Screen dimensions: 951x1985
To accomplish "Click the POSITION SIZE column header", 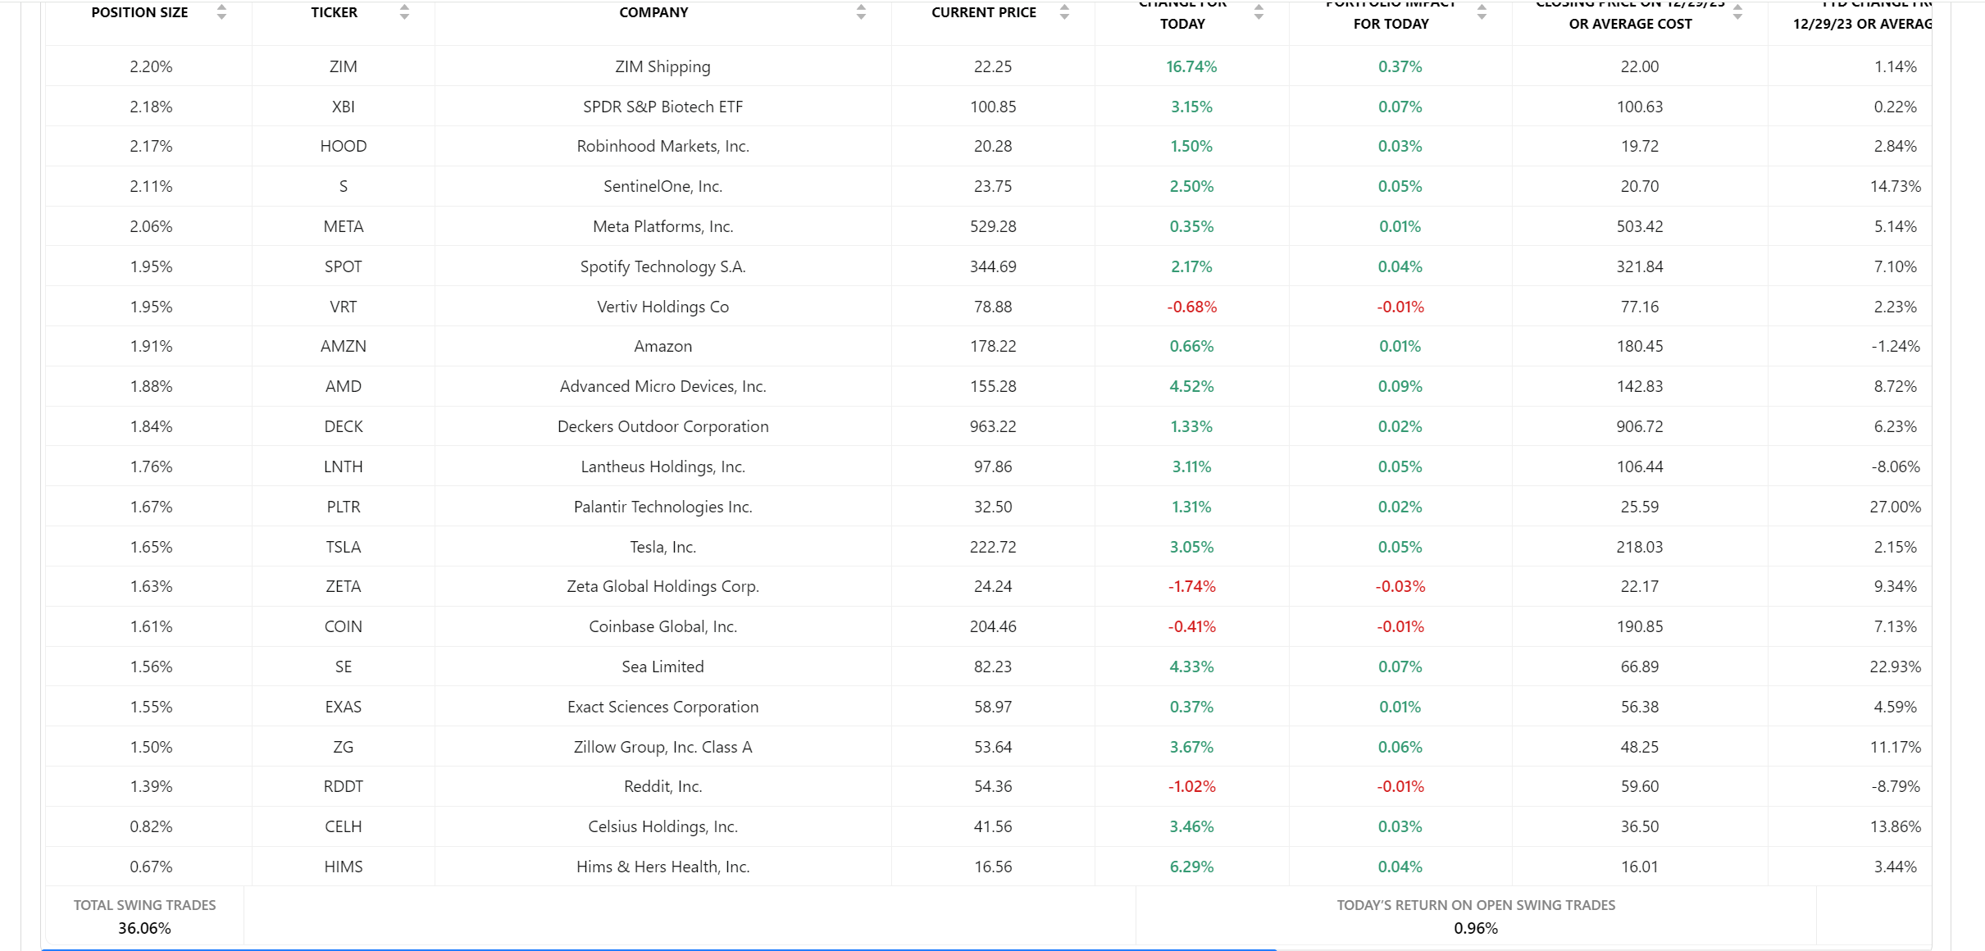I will click(139, 12).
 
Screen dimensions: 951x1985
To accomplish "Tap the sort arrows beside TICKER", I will click(404, 11).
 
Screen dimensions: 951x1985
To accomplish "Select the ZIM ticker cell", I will click(343, 66).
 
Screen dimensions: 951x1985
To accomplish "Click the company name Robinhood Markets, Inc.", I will click(662, 146).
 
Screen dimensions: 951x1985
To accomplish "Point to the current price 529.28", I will click(992, 226).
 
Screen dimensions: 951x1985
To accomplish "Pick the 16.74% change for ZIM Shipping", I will click(1191, 66).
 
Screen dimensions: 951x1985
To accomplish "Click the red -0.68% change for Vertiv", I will click(1191, 307).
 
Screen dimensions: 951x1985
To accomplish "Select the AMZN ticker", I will click(343, 346).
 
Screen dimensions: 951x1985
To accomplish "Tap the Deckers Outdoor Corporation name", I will click(662, 426).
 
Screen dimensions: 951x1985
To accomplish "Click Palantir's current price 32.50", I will click(992, 507).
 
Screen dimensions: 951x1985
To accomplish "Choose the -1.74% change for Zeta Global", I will click(1191, 586).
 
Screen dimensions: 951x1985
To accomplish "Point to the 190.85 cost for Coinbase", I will click(1639, 626).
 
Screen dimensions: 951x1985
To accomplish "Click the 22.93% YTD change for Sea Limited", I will click(1894, 667).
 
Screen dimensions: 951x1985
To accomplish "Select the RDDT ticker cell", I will click(343, 786).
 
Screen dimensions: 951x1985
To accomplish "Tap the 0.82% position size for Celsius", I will click(151, 826).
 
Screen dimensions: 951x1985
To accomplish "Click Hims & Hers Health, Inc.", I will click(662, 867).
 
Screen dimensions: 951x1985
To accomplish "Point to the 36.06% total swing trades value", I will click(144, 928).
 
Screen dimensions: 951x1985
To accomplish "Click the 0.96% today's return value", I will click(1475, 928).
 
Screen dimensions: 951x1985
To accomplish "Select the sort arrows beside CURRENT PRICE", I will click(1064, 11).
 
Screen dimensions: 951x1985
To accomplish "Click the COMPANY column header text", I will click(653, 12).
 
